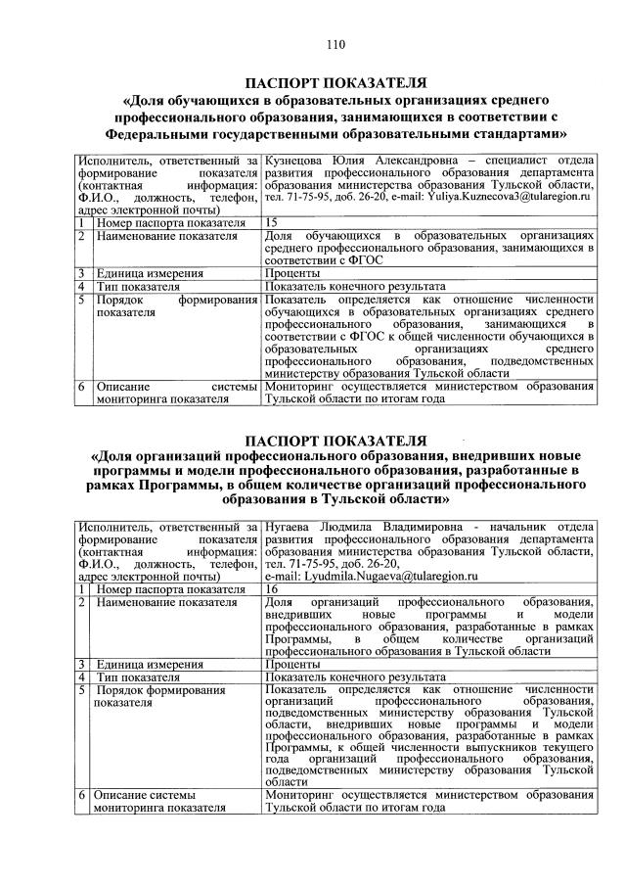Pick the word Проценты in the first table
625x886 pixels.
pyautogui.click(x=293, y=274)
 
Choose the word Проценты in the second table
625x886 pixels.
pyautogui.click(x=293, y=664)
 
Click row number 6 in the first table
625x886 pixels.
pyautogui.click(x=85, y=388)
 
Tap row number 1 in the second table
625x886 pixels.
pyautogui.click(x=85, y=588)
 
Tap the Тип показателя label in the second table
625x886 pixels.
pyautogui.click(x=138, y=676)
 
